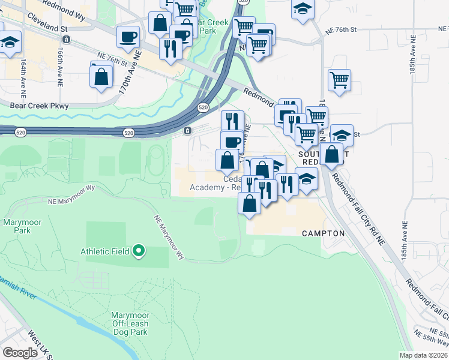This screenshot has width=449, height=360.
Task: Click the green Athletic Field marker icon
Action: click(x=139, y=250)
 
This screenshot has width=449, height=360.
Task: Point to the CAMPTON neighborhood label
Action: click(x=323, y=233)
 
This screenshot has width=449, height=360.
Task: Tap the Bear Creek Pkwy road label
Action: click(x=40, y=106)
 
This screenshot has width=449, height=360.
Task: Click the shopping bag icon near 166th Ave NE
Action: click(x=101, y=76)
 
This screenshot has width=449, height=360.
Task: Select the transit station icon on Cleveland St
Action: click(x=66, y=39)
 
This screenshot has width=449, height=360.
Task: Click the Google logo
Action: click(x=20, y=353)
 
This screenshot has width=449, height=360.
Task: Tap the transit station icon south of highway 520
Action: click(x=188, y=131)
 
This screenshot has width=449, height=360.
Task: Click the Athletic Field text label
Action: click(x=105, y=251)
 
